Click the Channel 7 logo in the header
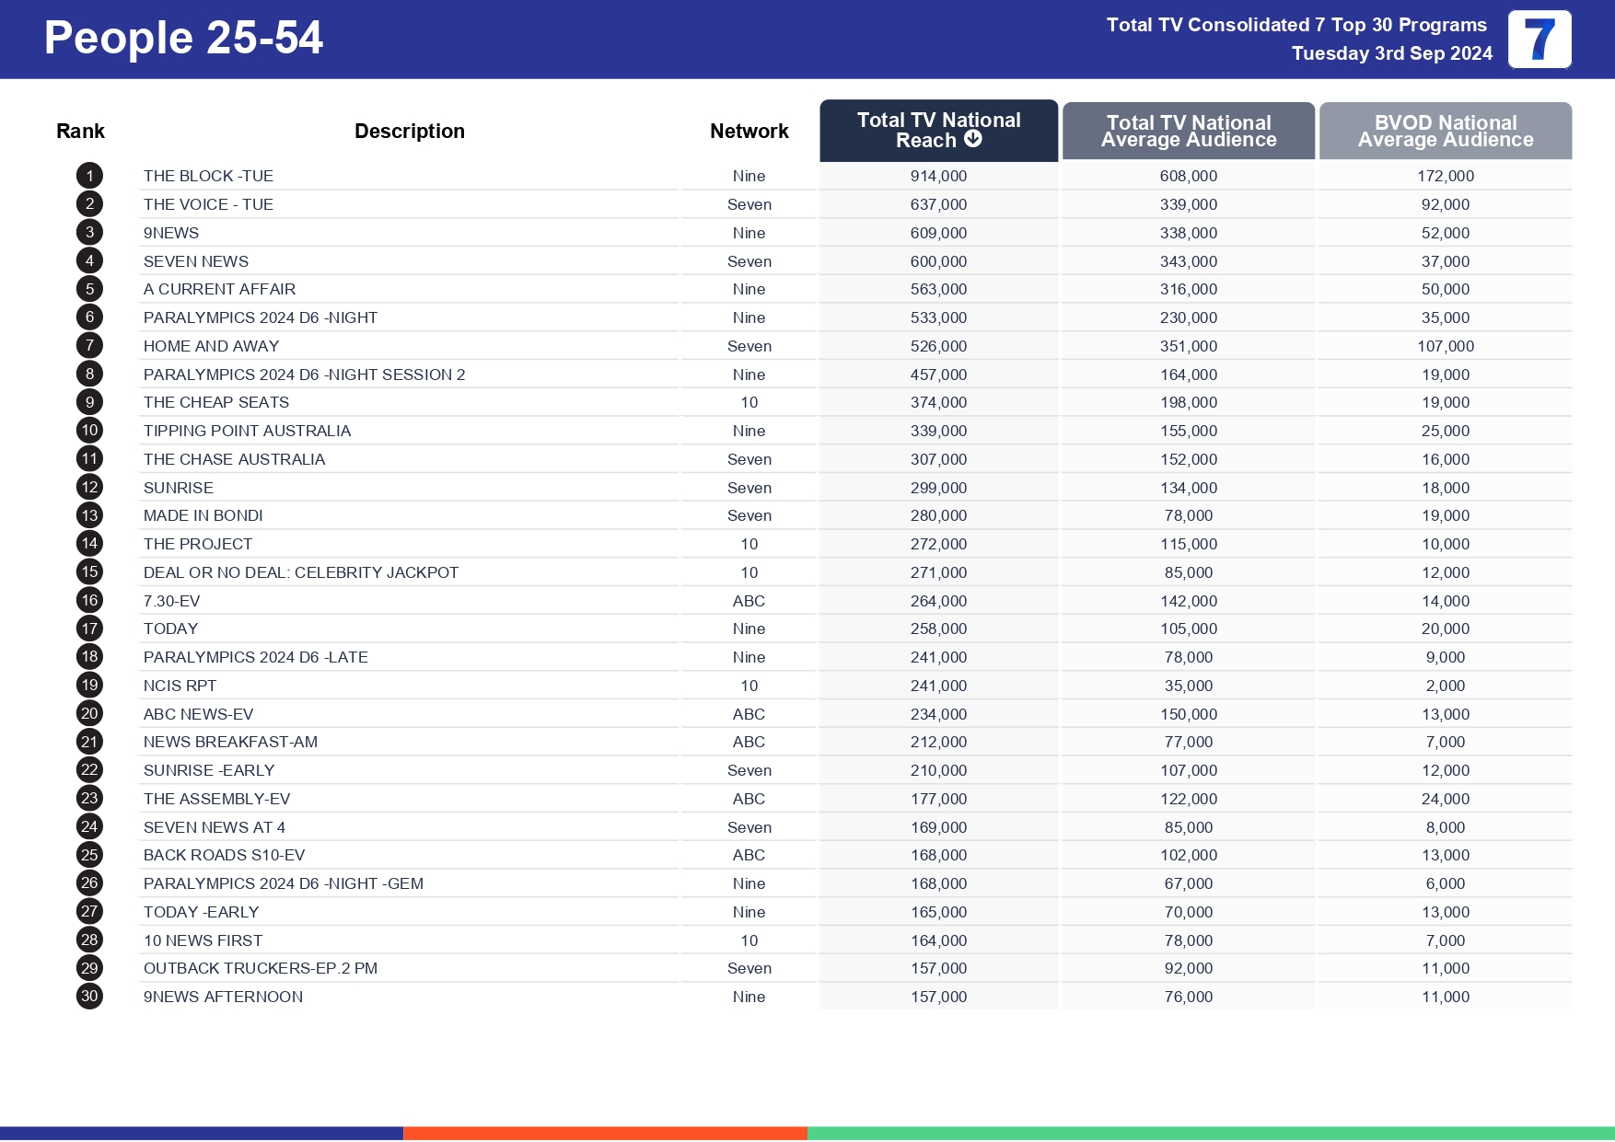coord(1539,40)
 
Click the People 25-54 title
coord(183,39)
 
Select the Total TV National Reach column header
coord(937,130)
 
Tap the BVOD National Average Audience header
coord(1445,131)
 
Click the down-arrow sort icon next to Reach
coord(972,139)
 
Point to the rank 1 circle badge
coord(89,176)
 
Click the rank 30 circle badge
coord(89,996)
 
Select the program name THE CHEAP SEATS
coord(216,402)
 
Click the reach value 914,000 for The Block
coord(938,176)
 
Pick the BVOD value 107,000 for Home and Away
coord(1445,346)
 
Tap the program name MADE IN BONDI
coord(203,515)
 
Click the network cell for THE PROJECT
coord(749,544)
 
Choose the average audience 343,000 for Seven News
coord(1188,261)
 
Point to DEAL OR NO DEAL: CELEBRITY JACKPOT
coord(301,572)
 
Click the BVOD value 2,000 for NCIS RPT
coord(1445,686)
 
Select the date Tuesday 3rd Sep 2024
coord(1391,53)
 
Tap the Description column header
coord(409,131)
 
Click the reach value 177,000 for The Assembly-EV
coord(938,799)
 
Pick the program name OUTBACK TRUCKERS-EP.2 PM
coord(261,968)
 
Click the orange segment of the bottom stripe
coord(605,1134)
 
